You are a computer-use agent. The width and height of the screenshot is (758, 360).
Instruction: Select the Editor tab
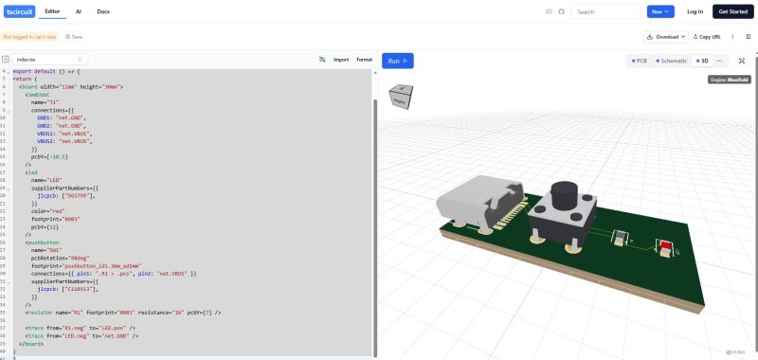click(x=53, y=11)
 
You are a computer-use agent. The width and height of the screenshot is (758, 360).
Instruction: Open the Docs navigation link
click(x=103, y=11)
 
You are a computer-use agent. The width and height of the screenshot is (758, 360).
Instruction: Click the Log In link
click(x=695, y=11)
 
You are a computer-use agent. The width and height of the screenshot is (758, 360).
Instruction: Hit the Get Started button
click(x=732, y=11)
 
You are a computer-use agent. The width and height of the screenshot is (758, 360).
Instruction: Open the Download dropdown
click(x=665, y=36)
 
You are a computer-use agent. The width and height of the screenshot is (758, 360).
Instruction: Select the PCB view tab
click(x=640, y=60)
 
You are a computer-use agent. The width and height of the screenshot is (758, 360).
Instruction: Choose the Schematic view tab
click(x=672, y=60)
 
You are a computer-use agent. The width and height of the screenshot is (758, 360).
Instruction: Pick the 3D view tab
click(x=702, y=60)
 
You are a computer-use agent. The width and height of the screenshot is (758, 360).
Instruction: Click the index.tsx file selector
click(x=47, y=59)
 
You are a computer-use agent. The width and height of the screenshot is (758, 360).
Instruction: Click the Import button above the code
click(x=340, y=59)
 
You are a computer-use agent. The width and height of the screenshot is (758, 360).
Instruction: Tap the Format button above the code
click(x=364, y=59)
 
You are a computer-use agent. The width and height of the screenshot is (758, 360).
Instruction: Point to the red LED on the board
click(x=666, y=248)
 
